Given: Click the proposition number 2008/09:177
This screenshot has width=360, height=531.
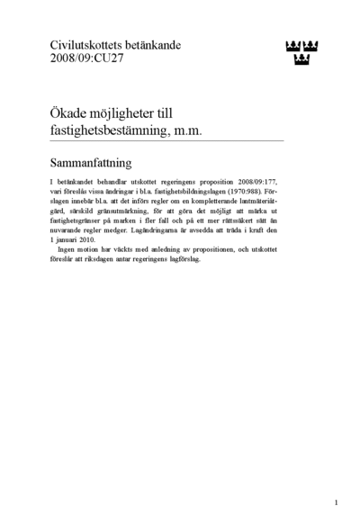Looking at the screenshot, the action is click(x=256, y=182).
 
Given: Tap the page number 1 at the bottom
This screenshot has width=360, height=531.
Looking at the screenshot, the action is click(x=335, y=502).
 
